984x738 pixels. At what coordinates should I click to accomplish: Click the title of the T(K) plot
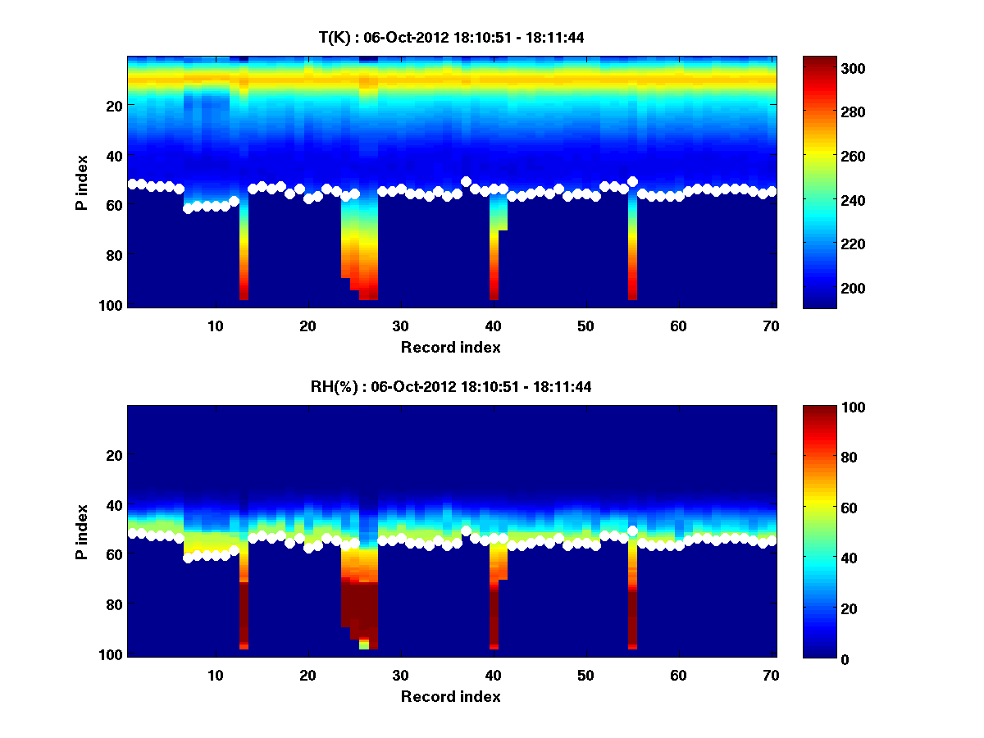pyautogui.click(x=451, y=37)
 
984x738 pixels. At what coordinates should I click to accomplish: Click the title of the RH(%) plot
pyautogui.click(x=451, y=386)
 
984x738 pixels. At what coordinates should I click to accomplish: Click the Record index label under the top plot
pyautogui.click(x=451, y=347)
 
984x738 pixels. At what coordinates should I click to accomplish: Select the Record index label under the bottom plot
pyautogui.click(x=451, y=696)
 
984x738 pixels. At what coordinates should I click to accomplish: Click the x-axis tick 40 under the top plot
pyautogui.click(x=493, y=326)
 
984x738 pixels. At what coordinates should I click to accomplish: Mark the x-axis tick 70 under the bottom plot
pyautogui.click(x=772, y=675)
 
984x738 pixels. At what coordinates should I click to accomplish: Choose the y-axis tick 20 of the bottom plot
pyautogui.click(x=114, y=455)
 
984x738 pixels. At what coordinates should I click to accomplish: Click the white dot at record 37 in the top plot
pyautogui.click(x=466, y=181)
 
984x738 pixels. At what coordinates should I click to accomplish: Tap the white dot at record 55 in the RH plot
pyautogui.click(x=632, y=531)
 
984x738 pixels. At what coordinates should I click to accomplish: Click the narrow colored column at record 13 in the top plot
pyautogui.click(x=244, y=254)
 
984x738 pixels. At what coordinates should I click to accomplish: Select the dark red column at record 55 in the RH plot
pyautogui.click(x=632, y=615)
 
